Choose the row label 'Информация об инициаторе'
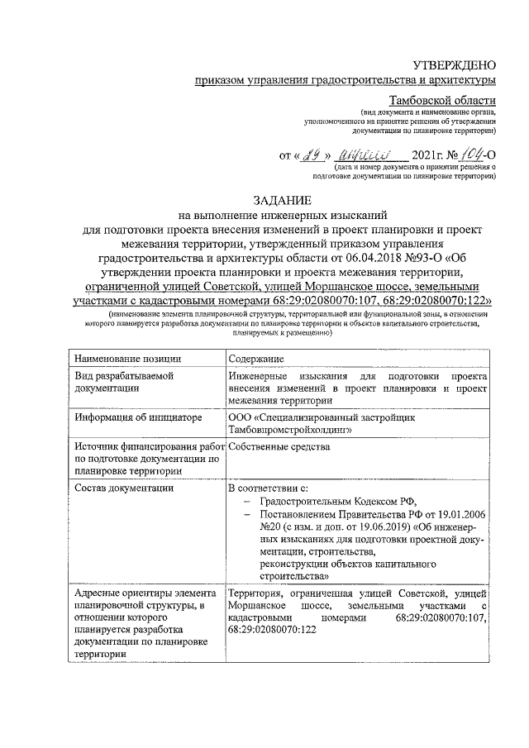pos(138,417)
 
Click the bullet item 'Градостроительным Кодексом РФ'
pos(344,502)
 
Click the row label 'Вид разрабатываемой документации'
pos(125,382)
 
